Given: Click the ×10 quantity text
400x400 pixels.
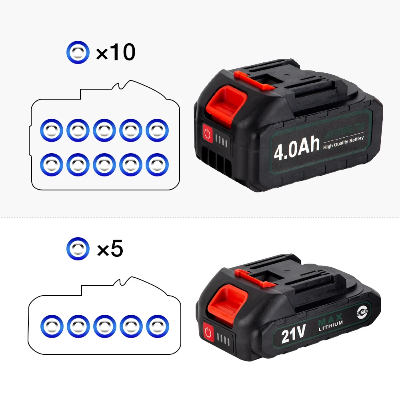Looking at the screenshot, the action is tap(115, 52).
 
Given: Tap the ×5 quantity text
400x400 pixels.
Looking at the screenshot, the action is tap(110, 249).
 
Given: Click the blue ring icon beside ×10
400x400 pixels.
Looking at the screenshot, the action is tap(78, 52).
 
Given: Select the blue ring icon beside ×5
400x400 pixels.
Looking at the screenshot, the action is tap(78, 249).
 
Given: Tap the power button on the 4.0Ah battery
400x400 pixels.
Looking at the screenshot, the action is tap(207, 133).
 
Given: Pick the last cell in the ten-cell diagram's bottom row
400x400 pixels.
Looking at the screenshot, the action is tap(157, 164).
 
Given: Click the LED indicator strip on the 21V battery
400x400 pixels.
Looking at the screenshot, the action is tap(221, 338).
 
